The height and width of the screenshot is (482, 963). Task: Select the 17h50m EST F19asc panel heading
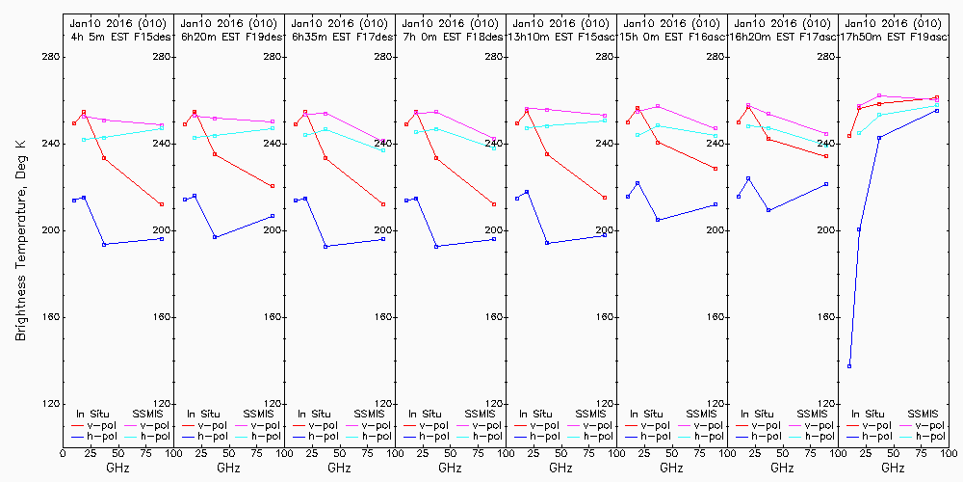pyautogui.click(x=894, y=36)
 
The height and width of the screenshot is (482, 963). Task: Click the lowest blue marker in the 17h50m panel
pyautogui.click(x=849, y=366)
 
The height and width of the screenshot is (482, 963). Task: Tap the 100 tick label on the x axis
pyautogui.click(x=949, y=451)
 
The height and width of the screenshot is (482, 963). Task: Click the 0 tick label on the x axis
pyautogui.click(x=63, y=451)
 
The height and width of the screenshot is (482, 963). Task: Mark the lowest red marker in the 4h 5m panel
pyautogui.click(x=162, y=204)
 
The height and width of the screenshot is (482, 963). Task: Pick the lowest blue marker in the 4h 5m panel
pyautogui.click(x=104, y=245)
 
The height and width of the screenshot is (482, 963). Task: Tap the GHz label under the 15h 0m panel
pyautogui.click(x=671, y=468)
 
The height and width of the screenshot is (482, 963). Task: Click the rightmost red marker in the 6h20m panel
pyautogui.click(x=273, y=186)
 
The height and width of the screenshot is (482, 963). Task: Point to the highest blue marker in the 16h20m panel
pyautogui.click(x=748, y=178)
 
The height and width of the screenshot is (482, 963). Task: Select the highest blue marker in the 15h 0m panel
pyautogui.click(x=638, y=183)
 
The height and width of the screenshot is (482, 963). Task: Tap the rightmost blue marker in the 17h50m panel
pyautogui.click(x=937, y=111)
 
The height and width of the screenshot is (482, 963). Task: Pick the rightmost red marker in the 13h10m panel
pyautogui.click(x=605, y=198)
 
